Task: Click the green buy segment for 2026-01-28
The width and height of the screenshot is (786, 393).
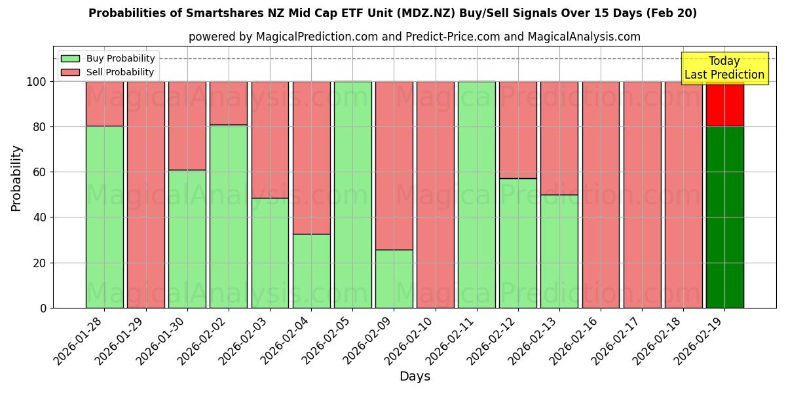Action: pyautogui.click(x=104, y=217)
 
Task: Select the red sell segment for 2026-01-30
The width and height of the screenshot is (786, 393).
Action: pyautogui.click(x=187, y=125)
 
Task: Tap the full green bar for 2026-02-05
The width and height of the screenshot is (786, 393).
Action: pyautogui.click(x=352, y=195)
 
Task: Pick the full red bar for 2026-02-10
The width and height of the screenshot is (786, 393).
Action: pyautogui.click(x=435, y=195)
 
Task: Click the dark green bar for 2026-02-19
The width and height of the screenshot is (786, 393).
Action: pyautogui.click(x=724, y=217)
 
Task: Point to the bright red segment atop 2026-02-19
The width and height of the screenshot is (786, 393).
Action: pyautogui.click(x=724, y=104)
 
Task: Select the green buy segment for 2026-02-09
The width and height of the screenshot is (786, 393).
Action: pyautogui.click(x=394, y=278)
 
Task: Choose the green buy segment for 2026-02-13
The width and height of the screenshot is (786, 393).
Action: pyautogui.click(x=559, y=251)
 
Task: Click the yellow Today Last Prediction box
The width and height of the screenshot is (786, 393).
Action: pyautogui.click(x=724, y=68)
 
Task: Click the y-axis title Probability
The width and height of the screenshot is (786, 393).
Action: pyautogui.click(x=16, y=178)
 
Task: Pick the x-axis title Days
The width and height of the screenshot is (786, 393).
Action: pyautogui.click(x=415, y=377)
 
